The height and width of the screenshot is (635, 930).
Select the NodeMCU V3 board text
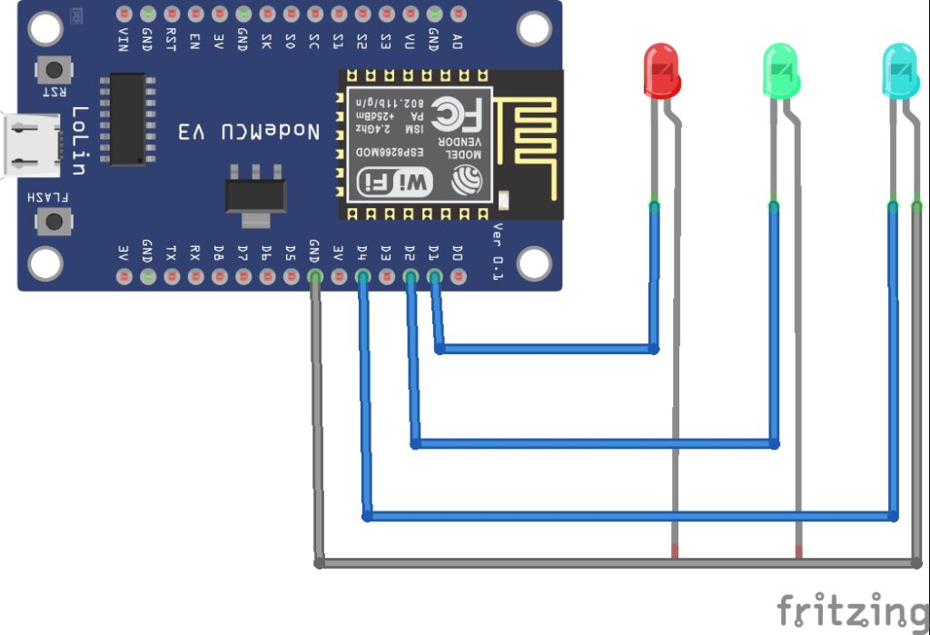[249, 132]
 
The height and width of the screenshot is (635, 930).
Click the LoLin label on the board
[81, 141]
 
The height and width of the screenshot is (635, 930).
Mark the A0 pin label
[458, 41]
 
